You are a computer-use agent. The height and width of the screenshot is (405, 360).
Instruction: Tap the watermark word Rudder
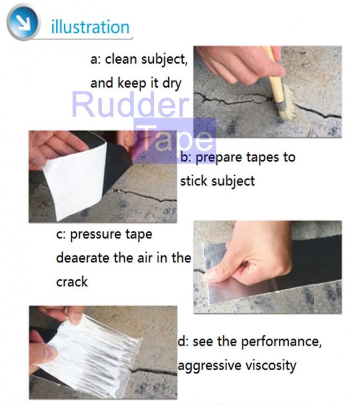131,105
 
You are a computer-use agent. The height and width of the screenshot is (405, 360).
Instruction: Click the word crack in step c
72,282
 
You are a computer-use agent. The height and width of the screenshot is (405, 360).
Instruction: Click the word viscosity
271,365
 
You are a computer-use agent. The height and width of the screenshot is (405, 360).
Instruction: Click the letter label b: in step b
186,157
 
